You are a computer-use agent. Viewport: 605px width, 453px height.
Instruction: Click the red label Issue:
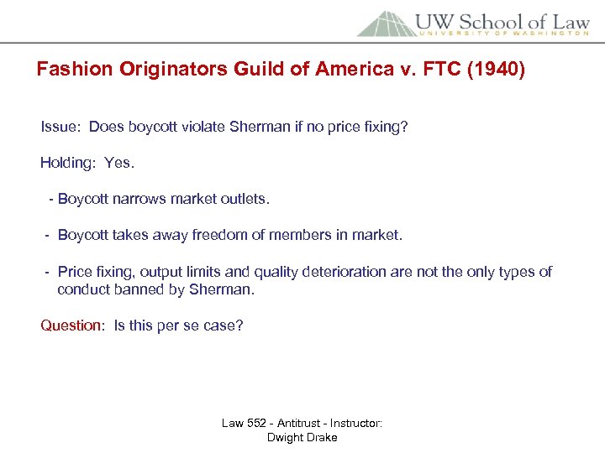(x=61, y=127)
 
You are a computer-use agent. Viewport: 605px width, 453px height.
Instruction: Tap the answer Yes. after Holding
(x=119, y=163)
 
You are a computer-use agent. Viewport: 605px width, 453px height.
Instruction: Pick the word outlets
(x=245, y=199)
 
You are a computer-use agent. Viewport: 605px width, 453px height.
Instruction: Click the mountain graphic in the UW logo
(x=385, y=23)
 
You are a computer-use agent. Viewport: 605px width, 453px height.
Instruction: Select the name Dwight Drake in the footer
(x=302, y=437)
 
